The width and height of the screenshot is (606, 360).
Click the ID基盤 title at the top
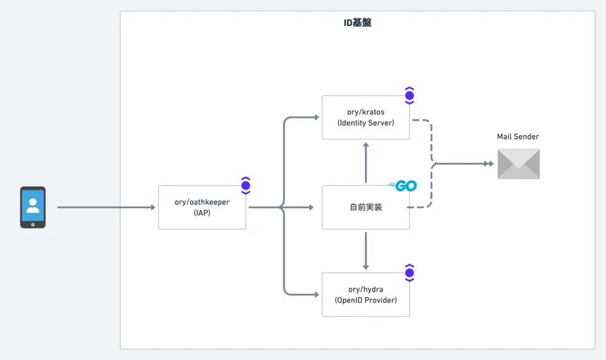[357, 23]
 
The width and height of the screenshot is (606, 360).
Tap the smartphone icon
[33, 207]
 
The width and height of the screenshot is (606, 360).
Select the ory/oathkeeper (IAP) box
[202, 207]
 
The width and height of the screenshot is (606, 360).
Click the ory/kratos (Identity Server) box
[366, 118]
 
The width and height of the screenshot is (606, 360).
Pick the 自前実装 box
[366, 207]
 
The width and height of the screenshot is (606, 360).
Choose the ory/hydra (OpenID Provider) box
[366, 294]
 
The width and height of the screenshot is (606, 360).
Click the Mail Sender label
[518, 137]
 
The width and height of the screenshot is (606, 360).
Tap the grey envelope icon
[519, 163]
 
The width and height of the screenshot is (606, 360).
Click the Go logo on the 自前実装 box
[403, 186]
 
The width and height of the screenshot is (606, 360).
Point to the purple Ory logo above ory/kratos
[409, 95]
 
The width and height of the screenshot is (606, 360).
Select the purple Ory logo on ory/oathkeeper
[246, 185]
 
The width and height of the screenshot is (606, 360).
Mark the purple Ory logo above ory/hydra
[409, 273]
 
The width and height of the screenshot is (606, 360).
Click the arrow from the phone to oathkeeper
[106, 207]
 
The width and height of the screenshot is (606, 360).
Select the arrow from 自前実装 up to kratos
[366, 163]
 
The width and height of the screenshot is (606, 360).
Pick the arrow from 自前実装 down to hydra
[366, 251]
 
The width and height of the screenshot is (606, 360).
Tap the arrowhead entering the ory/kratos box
[316, 118]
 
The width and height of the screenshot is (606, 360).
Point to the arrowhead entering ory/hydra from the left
[316, 294]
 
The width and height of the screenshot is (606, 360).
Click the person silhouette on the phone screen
[33, 206]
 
